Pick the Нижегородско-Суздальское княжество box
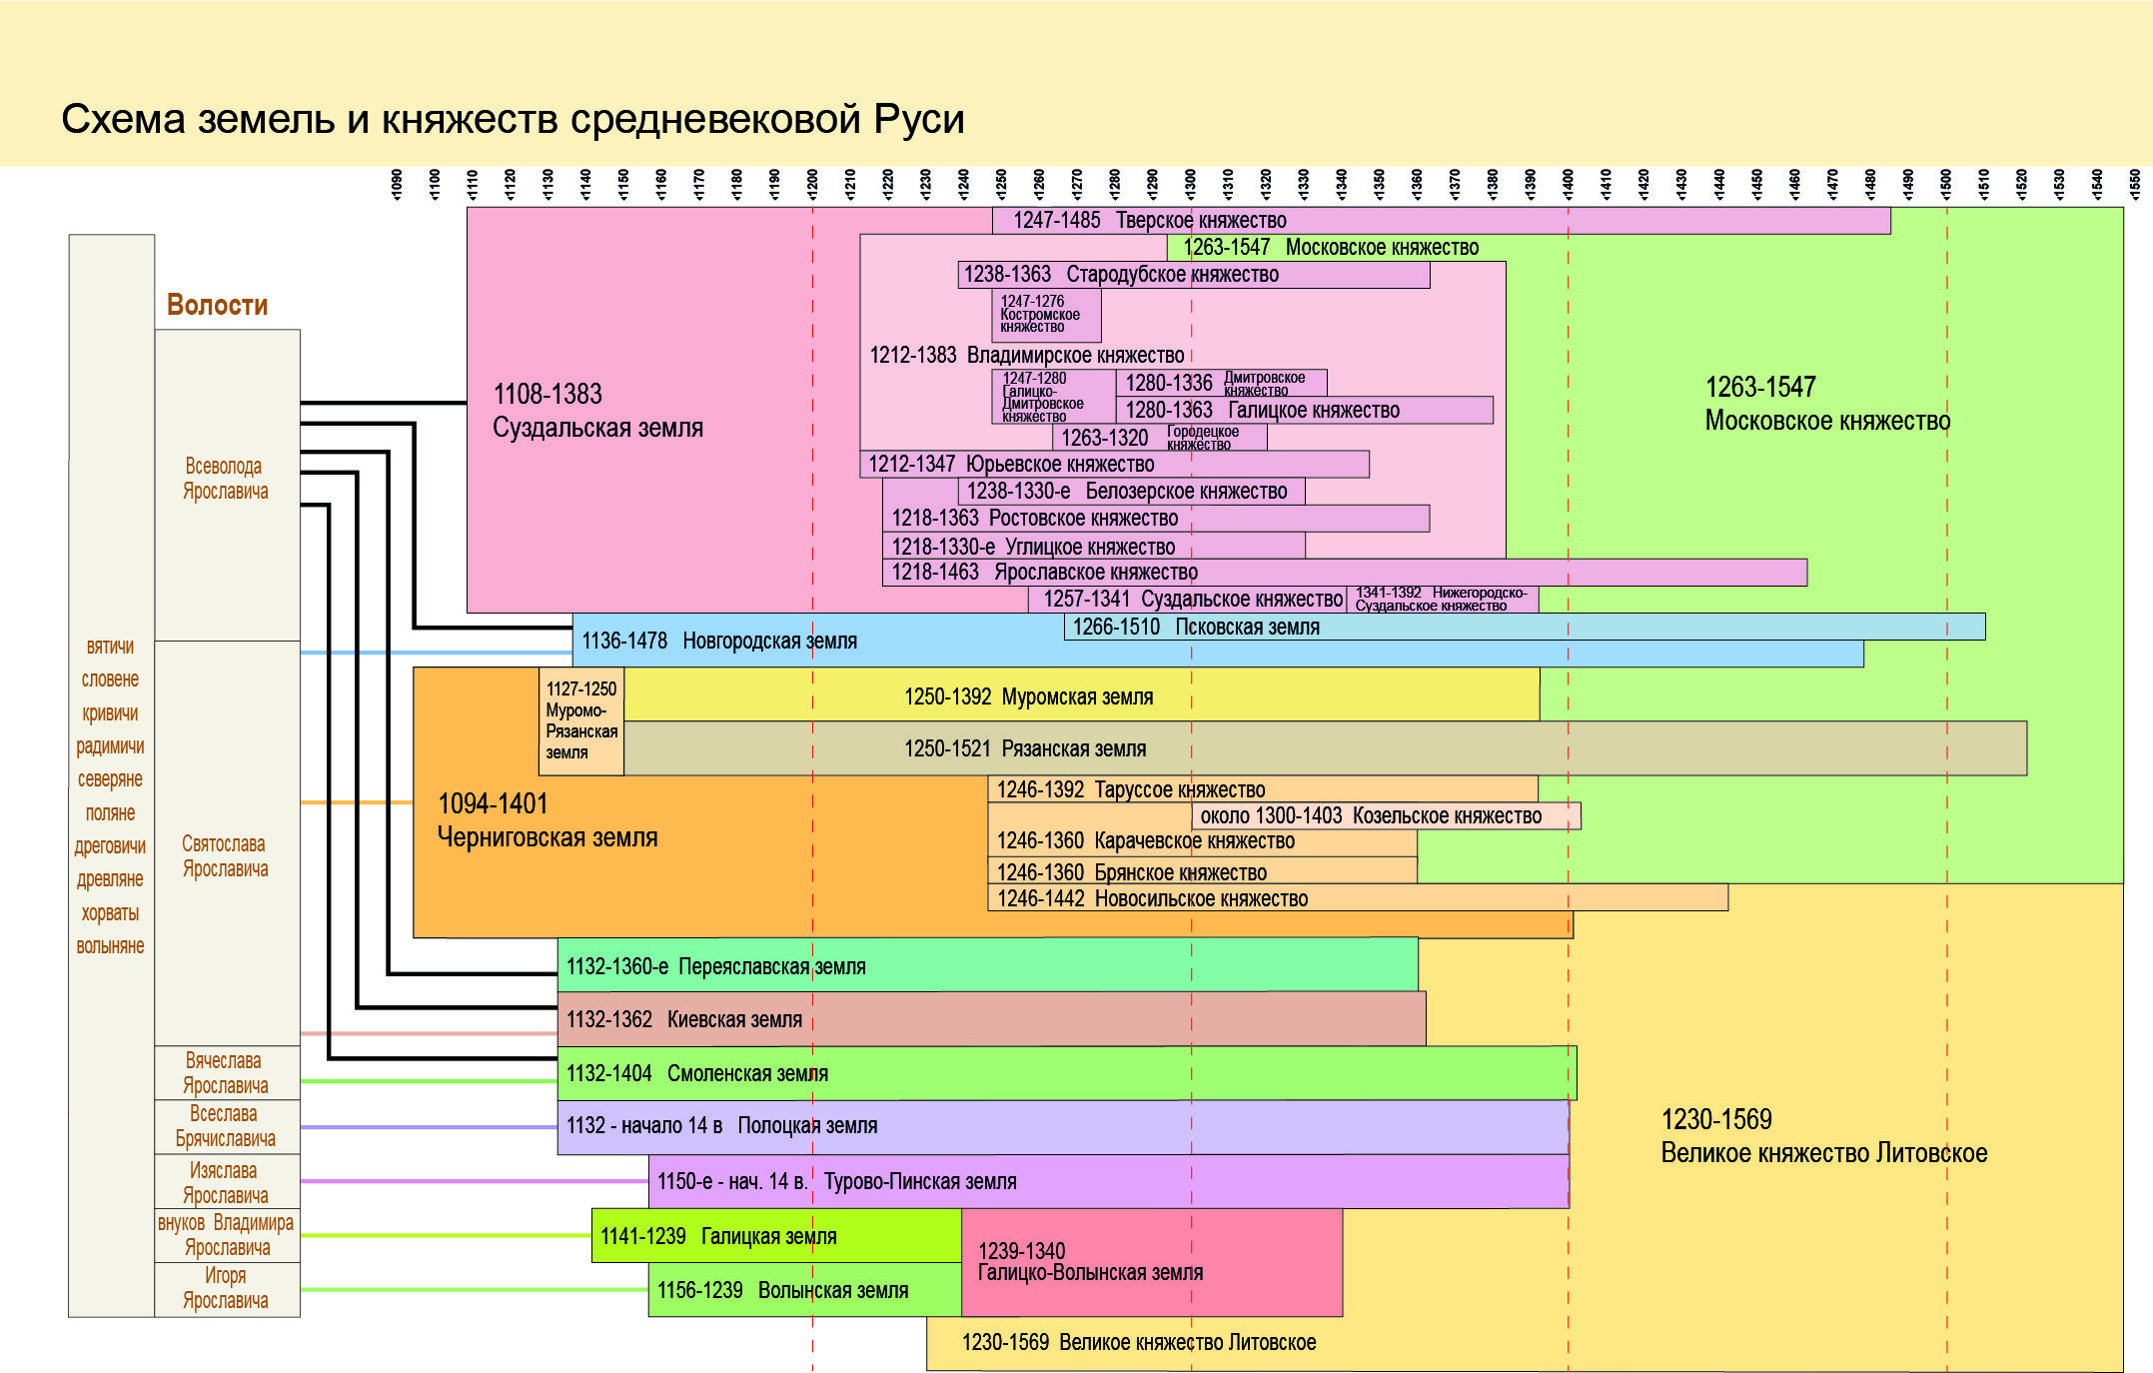click(1442, 600)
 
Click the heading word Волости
click(217, 305)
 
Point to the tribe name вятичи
click(110, 647)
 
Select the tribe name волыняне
click(110, 946)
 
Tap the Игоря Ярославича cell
click(227, 1289)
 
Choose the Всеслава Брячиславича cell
click(227, 1127)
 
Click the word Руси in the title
click(918, 119)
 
